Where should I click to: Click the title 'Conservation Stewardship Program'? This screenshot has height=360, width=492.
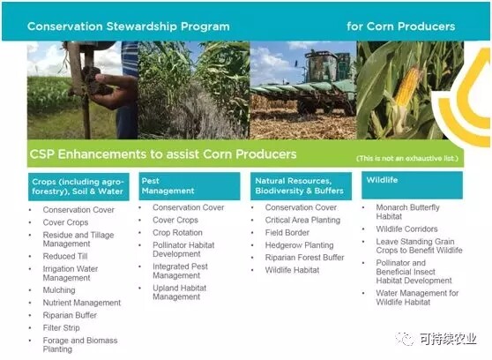pyautogui.click(x=129, y=26)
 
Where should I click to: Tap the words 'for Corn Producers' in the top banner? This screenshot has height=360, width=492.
pyautogui.click(x=400, y=26)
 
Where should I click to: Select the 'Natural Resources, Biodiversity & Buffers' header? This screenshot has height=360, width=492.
pyautogui.click(x=301, y=186)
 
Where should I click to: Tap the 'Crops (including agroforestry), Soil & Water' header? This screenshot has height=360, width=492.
pyautogui.click(x=78, y=186)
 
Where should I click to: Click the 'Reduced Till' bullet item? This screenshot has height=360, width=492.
pyautogui.click(x=65, y=257)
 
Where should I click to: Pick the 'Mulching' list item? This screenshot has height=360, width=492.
pyautogui.click(x=59, y=290)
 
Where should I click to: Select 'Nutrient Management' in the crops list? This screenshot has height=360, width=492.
pyautogui.click(x=82, y=303)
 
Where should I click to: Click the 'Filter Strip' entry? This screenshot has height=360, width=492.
pyautogui.click(x=61, y=327)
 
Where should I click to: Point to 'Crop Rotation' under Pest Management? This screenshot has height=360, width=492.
pyautogui.click(x=177, y=232)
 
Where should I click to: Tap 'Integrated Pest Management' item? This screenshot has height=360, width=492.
pyautogui.click(x=180, y=271)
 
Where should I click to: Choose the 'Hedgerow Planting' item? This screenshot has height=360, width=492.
pyautogui.click(x=299, y=245)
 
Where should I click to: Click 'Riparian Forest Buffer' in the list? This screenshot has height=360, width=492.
pyautogui.click(x=305, y=258)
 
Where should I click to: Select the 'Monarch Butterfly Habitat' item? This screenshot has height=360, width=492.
pyautogui.click(x=407, y=212)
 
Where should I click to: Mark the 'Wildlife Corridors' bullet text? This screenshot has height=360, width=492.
pyautogui.click(x=406, y=229)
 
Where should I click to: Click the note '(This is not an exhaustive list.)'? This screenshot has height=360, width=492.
pyautogui.click(x=407, y=159)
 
